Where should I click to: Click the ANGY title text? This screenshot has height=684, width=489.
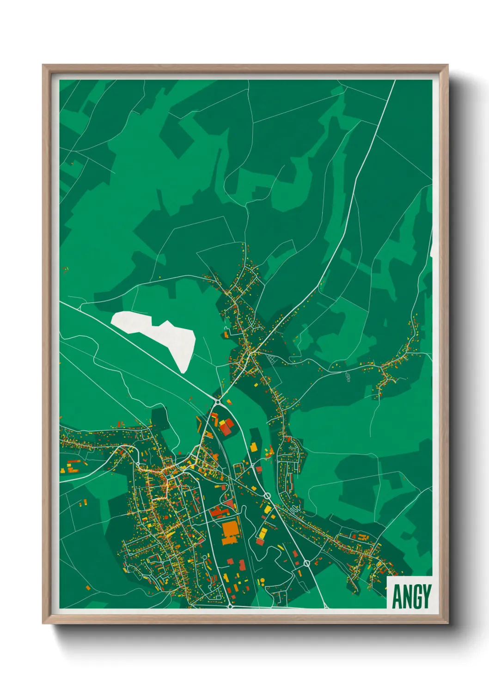click(411, 596)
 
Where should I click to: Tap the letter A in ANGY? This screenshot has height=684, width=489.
click(397, 596)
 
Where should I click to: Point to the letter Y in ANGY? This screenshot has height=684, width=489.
click(426, 596)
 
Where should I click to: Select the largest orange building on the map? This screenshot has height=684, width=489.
click(231, 531)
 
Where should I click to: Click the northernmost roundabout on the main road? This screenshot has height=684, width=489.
click(217, 403)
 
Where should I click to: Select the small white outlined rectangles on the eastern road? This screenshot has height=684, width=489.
click(348, 377)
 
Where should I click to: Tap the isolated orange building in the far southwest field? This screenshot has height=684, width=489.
click(88, 588)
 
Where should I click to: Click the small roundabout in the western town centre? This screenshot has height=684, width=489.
click(137, 464)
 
